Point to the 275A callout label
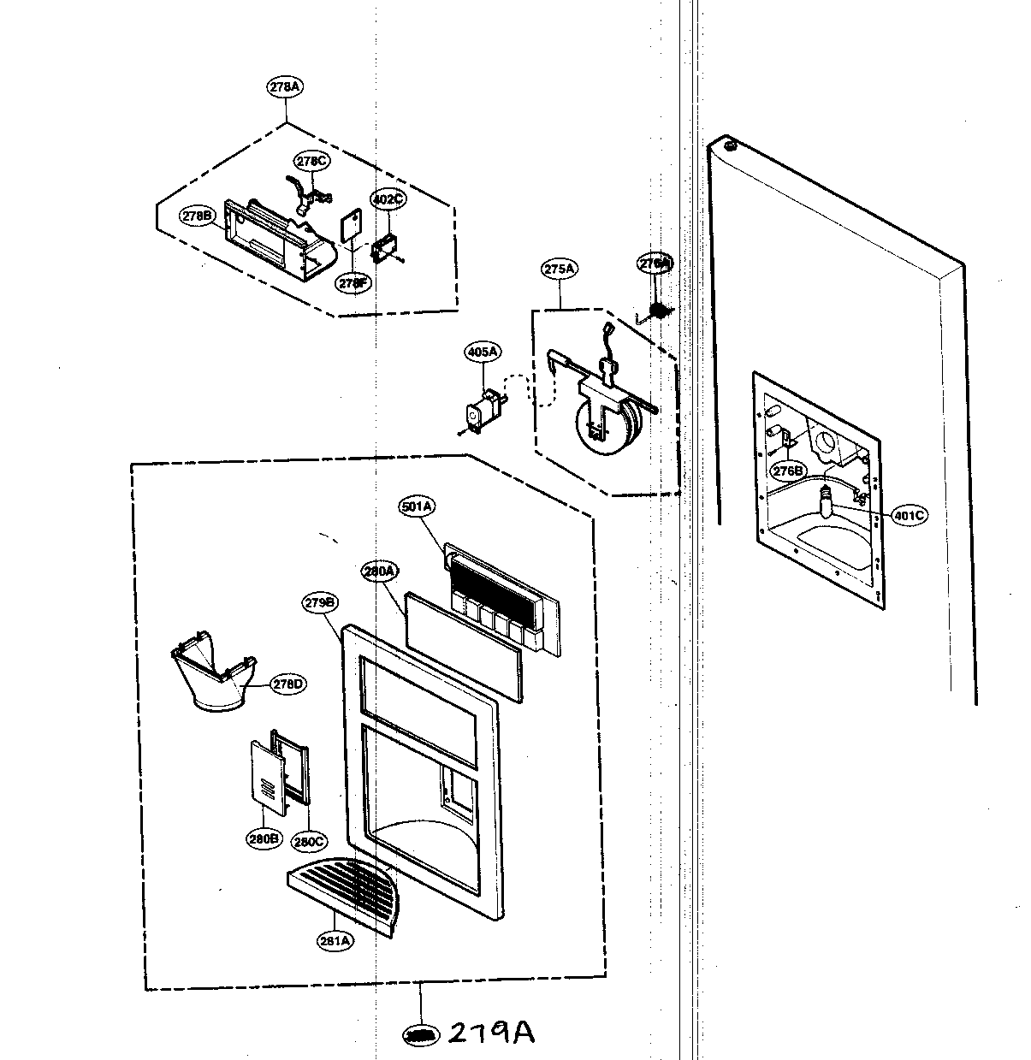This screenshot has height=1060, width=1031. [x=559, y=269]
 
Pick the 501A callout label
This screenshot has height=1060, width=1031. [x=417, y=507]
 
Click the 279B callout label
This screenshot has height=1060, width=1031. [x=319, y=602]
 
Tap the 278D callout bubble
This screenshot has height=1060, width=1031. [x=287, y=684]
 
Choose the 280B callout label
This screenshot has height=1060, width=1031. [x=264, y=839]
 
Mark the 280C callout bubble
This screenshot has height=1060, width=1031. [x=308, y=841]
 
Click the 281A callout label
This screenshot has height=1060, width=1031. [x=335, y=941]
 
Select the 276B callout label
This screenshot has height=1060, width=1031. [x=788, y=471]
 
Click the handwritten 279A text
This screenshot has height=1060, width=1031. [x=491, y=1033]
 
